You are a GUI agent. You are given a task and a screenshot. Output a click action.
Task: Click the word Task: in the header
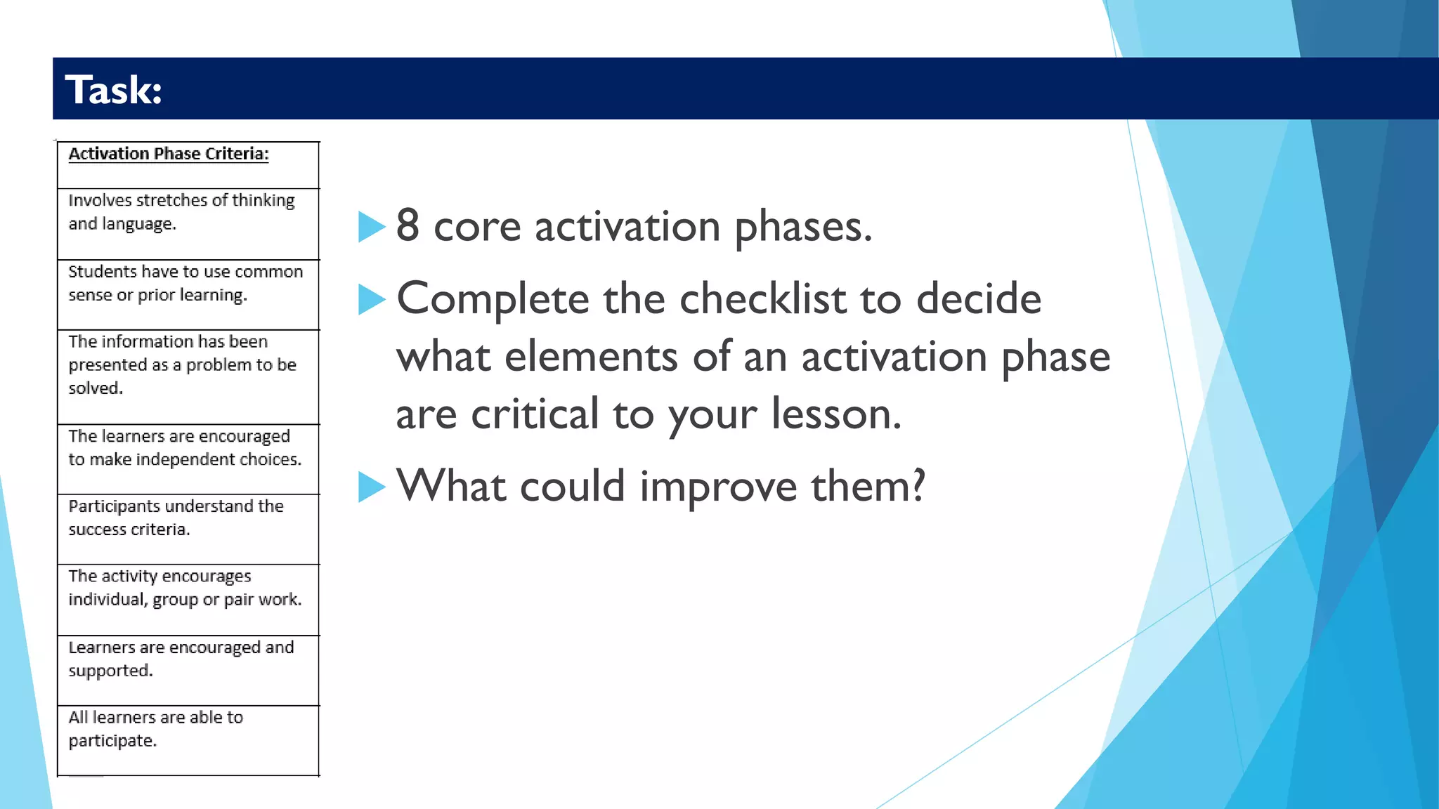tap(114, 90)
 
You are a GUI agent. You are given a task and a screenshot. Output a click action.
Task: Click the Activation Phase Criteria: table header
tap(169, 154)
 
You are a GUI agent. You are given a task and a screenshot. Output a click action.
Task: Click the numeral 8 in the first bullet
tap(408, 226)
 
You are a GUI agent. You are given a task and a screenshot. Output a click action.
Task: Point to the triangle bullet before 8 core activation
tap(372, 227)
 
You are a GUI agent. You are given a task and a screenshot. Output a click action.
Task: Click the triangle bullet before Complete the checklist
tap(372, 299)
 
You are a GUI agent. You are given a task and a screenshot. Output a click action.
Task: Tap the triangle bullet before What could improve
tap(372, 487)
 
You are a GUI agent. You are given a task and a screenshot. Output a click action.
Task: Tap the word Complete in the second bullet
tap(493, 299)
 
